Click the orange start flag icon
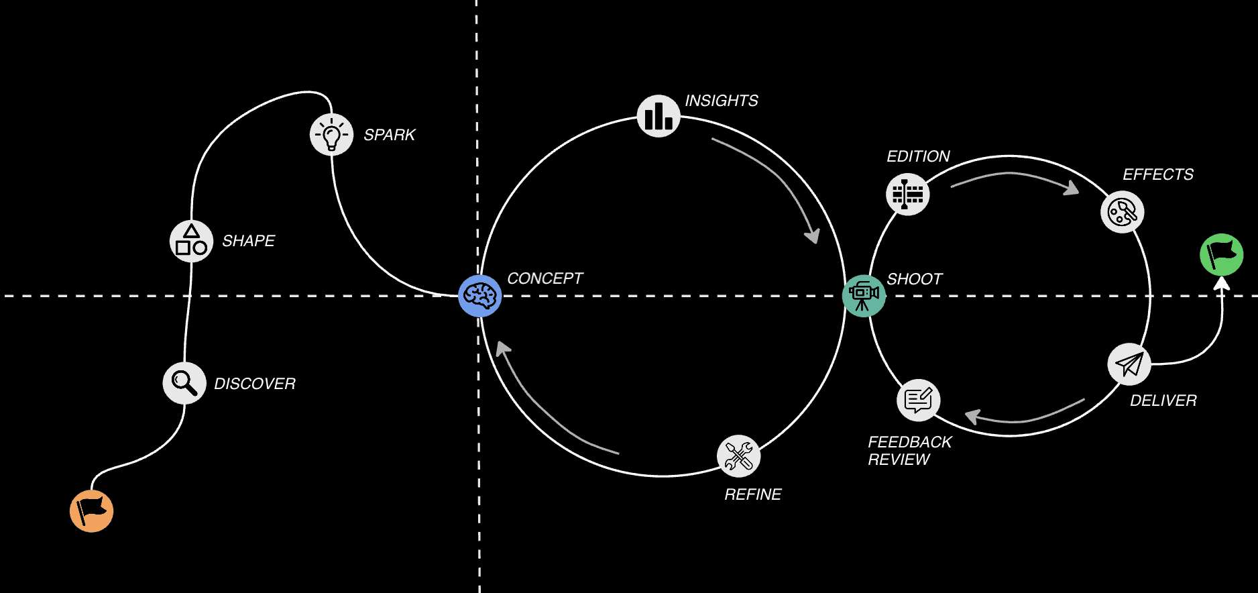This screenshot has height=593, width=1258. (92, 511)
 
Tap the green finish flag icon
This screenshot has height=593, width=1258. (1221, 254)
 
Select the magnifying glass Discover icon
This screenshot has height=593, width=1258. (184, 383)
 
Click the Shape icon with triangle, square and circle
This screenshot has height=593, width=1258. (191, 241)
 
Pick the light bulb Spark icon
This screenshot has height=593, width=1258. (331, 135)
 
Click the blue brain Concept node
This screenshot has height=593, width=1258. (480, 295)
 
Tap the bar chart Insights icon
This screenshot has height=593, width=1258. (659, 116)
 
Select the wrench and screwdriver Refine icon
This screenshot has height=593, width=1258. (738, 456)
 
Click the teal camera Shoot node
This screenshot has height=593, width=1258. (864, 295)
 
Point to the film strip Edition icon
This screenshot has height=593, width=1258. (907, 195)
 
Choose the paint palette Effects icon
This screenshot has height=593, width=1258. (1122, 213)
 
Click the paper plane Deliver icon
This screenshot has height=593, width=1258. (1129, 364)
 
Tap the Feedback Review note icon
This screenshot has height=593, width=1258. (918, 400)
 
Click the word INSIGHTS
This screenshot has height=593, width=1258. (722, 101)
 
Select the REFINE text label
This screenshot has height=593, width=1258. (752, 494)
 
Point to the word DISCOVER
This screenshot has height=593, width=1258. (255, 384)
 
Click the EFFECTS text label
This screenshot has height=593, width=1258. (1158, 174)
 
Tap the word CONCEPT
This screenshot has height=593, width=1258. (545, 278)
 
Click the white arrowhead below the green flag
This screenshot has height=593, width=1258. (1222, 284)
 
